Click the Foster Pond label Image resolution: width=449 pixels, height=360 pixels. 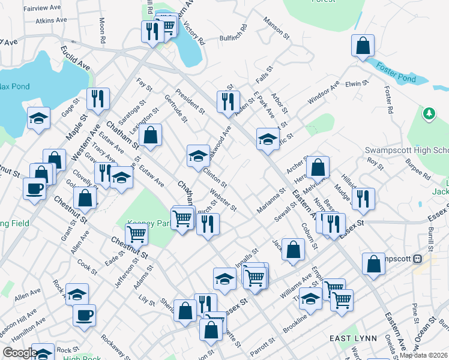[x=397, y=79]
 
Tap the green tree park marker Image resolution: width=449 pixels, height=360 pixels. [x=429, y=113]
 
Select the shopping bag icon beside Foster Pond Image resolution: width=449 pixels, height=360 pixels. [x=363, y=46]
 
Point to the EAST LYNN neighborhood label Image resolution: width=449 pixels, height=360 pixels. [x=354, y=339]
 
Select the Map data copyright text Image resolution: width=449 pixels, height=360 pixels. [x=424, y=355]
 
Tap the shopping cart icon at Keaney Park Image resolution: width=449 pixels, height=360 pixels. [x=137, y=234]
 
